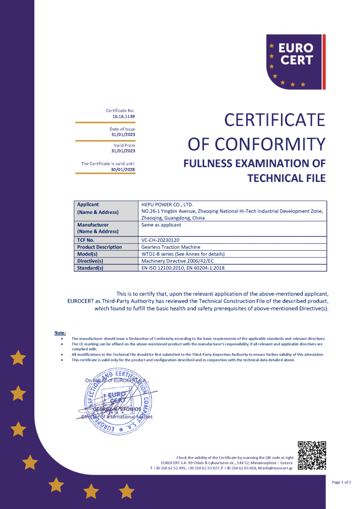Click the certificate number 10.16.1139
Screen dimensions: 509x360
[x=124, y=116]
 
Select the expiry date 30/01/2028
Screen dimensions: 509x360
[x=123, y=169]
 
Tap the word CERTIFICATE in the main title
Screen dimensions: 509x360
[x=274, y=120]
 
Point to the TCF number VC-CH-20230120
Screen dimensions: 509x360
[x=157, y=240]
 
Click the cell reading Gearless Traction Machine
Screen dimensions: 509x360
[x=171, y=247]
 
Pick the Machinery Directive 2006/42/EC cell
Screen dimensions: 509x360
[x=178, y=261]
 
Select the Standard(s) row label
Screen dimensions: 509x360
[x=90, y=268]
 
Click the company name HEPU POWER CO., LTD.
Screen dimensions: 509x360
[x=167, y=204]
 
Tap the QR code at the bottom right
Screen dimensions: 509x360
[x=312, y=456]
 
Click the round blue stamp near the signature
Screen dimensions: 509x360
[x=116, y=401]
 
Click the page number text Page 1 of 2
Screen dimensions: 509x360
[x=341, y=482]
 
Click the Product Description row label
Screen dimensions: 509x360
[x=99, y=247]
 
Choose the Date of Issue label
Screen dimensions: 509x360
[x=122, y=129]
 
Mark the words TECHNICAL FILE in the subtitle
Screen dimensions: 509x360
[x=287, y=178]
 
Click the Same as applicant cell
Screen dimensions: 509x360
[x=161, y=225]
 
